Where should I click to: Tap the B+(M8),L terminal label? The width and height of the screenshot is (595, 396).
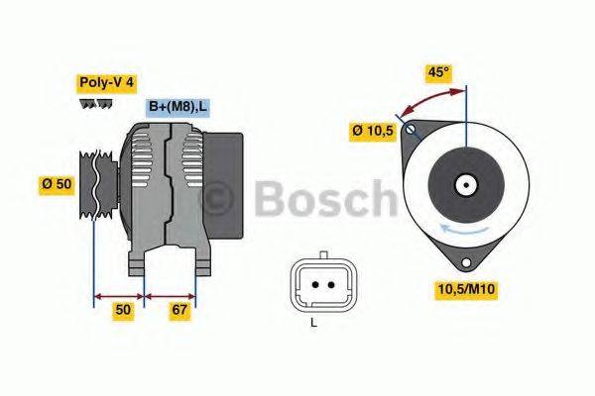pos(178,106)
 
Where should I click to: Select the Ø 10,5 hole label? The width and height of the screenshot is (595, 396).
pos(373,131)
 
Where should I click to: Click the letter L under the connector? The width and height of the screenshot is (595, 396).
pos(314,323)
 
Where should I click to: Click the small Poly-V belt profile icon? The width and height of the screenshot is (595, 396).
pos(93,104)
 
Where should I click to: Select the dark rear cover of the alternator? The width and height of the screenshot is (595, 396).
pos(225,183)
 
